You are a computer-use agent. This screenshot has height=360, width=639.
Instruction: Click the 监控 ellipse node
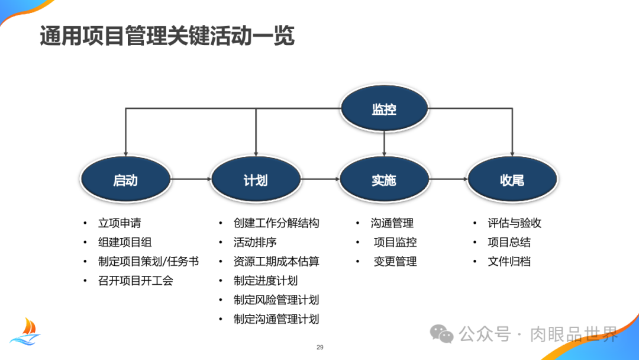[384, 109]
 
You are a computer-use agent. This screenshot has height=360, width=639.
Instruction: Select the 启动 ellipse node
[125, 179]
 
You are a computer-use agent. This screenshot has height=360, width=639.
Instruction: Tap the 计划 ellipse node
[256, 179]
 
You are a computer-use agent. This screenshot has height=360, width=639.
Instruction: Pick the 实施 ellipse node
[384, 179]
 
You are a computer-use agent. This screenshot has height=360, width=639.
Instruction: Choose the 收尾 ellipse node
[512, 179]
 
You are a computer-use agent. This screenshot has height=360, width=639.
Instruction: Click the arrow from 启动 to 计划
[191, 179]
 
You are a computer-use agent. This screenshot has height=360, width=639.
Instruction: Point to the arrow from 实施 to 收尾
[448, 179]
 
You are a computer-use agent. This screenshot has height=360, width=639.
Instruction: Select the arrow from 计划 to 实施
[319, 179]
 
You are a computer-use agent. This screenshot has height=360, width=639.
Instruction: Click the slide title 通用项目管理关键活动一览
[167, 37]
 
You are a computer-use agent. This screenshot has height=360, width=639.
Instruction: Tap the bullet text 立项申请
[120, 223]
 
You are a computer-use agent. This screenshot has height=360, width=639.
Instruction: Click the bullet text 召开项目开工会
[135, 280]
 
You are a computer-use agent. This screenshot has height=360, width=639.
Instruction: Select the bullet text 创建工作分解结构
[276, 223]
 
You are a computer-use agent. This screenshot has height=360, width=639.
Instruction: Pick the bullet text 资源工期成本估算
[276, 261]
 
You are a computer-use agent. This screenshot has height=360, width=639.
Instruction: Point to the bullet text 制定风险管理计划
[276, 300]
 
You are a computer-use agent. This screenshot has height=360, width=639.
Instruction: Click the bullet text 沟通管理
[392, 223]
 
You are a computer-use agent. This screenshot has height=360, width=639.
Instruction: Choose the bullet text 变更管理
[395, 261]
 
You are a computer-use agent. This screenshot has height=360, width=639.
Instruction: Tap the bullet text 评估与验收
[515, 223]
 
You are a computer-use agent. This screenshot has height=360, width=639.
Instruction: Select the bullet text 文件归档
[509, 261]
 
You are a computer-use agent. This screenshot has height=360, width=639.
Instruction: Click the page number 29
[320, 347]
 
